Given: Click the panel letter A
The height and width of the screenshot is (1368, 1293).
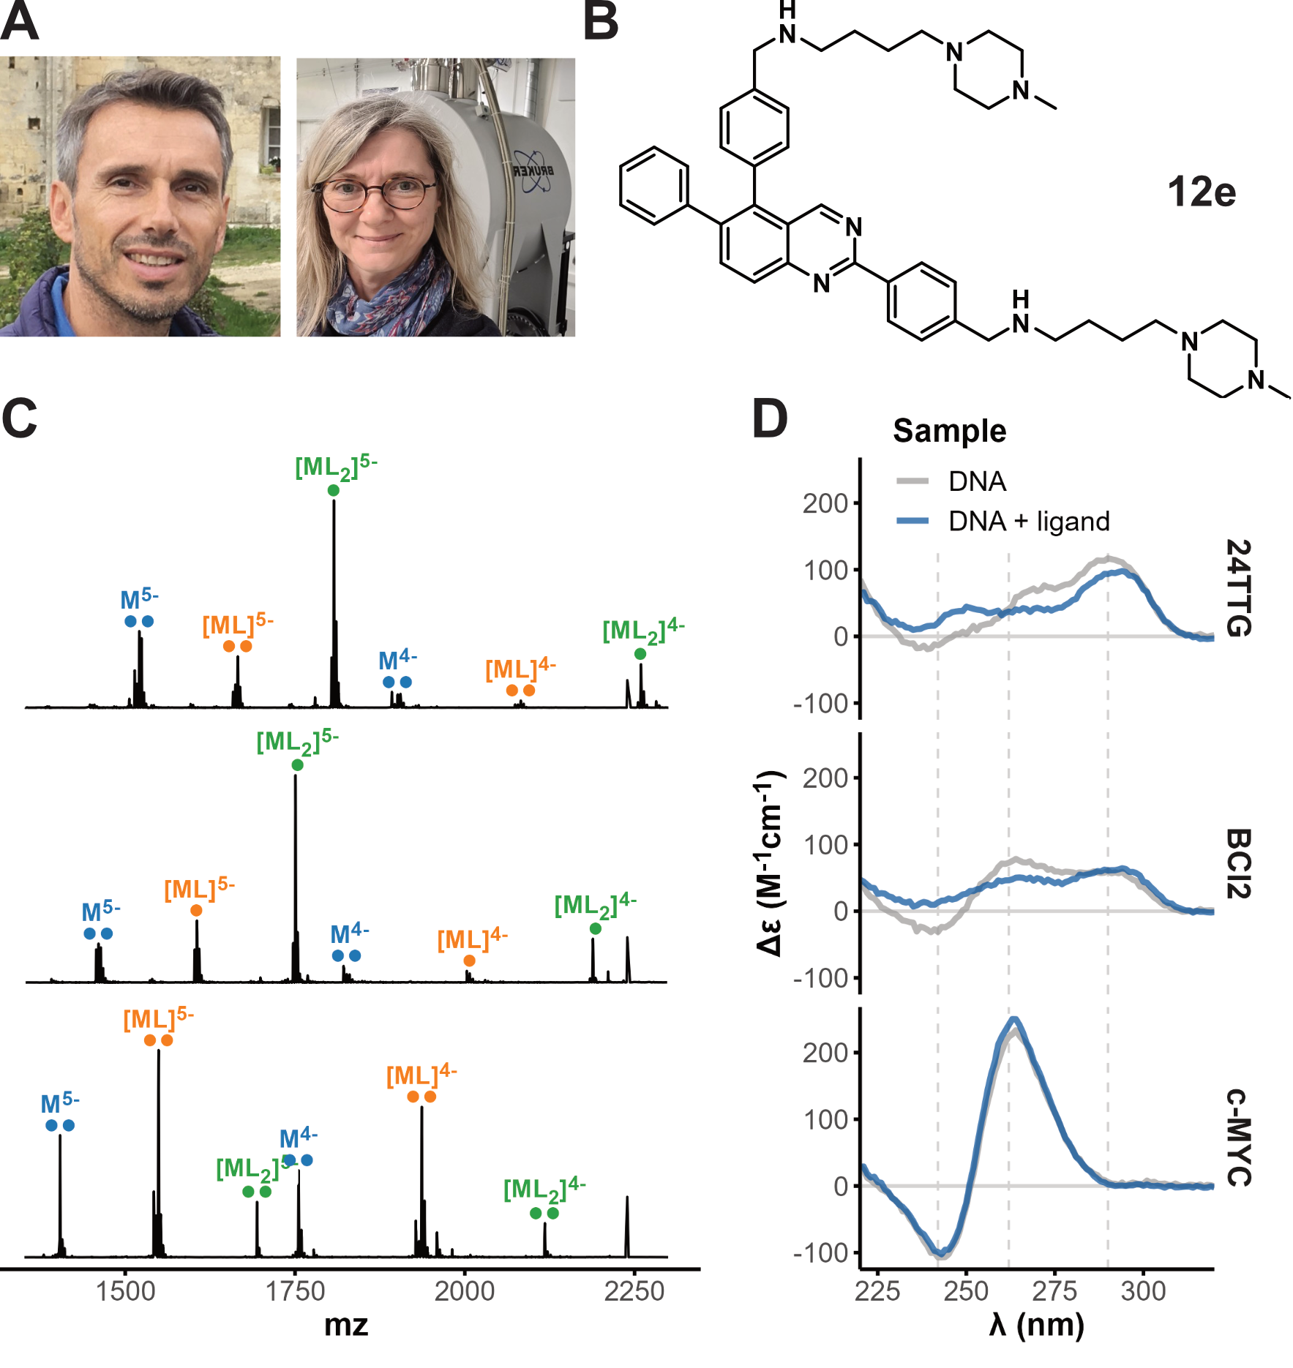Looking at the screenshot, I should pyautogui.click(x=19, y=22).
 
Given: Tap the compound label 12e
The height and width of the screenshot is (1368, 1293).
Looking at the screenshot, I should pyautogui.click(x=1201, y=192).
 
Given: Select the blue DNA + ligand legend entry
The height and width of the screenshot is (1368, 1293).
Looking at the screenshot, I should pyautogui.click(x=1002, y=521).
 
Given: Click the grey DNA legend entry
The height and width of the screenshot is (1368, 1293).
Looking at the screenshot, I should pyautogui.click(x=951, y=481).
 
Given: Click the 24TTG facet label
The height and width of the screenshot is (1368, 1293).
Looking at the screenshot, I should pyautogui.click(x=1238, y=588).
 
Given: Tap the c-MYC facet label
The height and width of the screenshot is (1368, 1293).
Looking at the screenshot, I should pyautogui.click(x=1238, y=1137).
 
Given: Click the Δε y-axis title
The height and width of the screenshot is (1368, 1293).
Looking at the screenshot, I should pyautogui.click(x=770, y=863).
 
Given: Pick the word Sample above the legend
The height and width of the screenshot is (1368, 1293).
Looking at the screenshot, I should pyautogui.click(x=949, y=431).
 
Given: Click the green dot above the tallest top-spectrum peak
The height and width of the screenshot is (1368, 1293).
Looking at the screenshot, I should pyautogui.click(x=334, y=491).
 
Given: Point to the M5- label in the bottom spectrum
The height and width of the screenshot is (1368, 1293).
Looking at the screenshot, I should pyautogui.click(x=60, y=1103).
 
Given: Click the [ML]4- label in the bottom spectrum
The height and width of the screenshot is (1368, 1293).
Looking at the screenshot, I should pyautogui.click(x=421, y=1075).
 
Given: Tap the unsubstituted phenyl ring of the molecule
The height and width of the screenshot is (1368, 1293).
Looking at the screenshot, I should pyautogui.click(x=653, y=186).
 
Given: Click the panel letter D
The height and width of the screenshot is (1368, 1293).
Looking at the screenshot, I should pyautogui.click(x=770, y=418).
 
